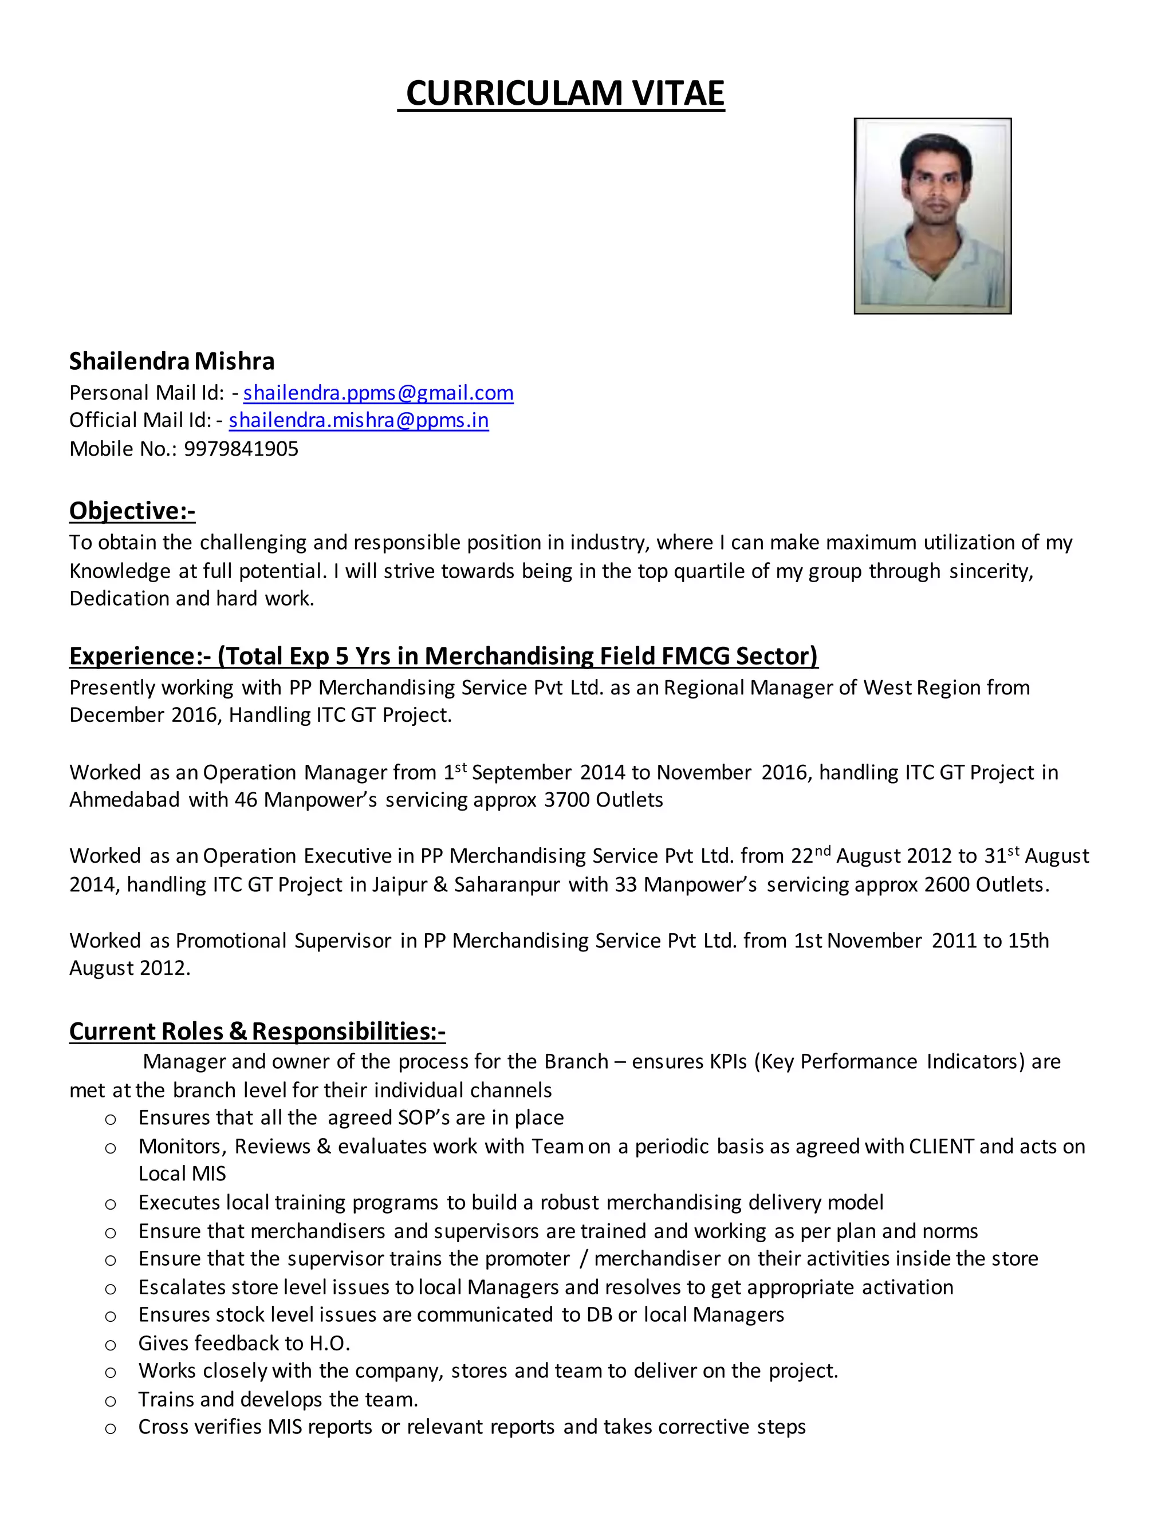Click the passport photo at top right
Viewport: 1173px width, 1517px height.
tap(932, 216)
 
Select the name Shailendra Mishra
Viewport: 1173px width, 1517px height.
tap(172, 361)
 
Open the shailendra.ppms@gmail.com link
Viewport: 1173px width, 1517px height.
tap(378, 393)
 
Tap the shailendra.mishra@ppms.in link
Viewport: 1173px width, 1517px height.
tap(359, 420)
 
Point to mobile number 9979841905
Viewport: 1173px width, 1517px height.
tap(241, 449)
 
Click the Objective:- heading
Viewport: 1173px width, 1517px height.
tap(132, 511)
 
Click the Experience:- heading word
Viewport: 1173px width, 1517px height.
tap(140, 655)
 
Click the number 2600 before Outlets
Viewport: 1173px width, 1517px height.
tap(946, 885)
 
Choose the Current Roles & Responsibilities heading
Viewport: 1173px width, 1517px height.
tap(257, 1031)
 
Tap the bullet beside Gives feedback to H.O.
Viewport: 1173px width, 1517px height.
tap(110, 1345)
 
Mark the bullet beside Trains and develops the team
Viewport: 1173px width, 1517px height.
tap(110, 1401)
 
